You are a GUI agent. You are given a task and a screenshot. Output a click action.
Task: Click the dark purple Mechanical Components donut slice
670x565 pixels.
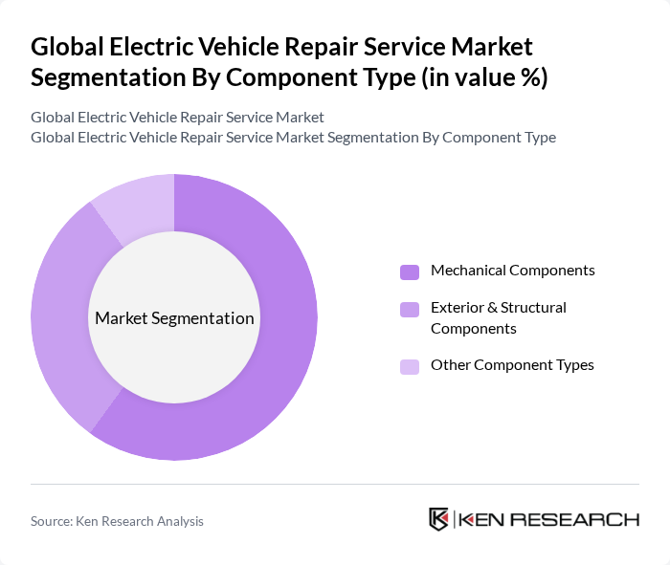pos(278,363)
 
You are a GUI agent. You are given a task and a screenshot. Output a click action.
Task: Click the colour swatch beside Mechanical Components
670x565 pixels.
pos(410,272)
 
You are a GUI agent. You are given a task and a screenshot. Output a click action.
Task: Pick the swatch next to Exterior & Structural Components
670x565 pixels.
pos(410,309)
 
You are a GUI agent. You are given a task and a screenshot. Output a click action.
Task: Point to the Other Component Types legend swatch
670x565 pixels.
pos(410,366)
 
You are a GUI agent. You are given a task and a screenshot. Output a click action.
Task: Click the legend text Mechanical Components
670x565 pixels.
pos(512,271)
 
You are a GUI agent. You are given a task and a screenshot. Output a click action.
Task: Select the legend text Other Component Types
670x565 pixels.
pos(512,365)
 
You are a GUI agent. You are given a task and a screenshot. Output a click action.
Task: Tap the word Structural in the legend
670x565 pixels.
pos(531,308)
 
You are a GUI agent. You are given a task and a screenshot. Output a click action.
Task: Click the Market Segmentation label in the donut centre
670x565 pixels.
pos(174,318)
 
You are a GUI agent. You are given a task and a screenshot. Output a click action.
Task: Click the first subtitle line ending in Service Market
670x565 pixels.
pos(177,117)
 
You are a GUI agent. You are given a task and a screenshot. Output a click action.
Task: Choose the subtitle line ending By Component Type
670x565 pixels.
pos(293,137)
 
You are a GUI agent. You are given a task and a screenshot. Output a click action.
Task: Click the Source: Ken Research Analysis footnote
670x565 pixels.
pos(117,521)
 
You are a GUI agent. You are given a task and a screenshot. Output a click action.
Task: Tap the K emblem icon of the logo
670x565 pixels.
pos(439,519)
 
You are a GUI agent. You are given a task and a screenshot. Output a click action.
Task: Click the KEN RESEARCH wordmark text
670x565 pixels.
pos(548,519)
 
